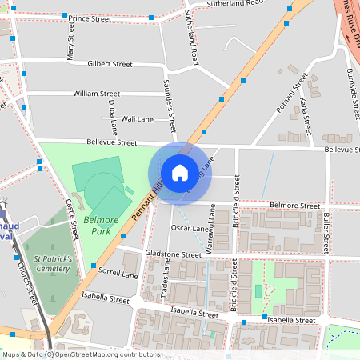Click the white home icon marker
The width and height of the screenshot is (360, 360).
[180, 172]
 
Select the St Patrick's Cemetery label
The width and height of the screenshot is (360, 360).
[53, 264]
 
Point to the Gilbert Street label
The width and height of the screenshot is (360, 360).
[110, 64]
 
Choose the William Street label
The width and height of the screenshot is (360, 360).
[96, 94]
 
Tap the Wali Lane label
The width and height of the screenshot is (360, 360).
[137, 119]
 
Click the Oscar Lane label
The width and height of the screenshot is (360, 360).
[190, 228]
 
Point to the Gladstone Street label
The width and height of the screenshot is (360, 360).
[174, 254]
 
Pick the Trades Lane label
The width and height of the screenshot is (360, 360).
[166, 279]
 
